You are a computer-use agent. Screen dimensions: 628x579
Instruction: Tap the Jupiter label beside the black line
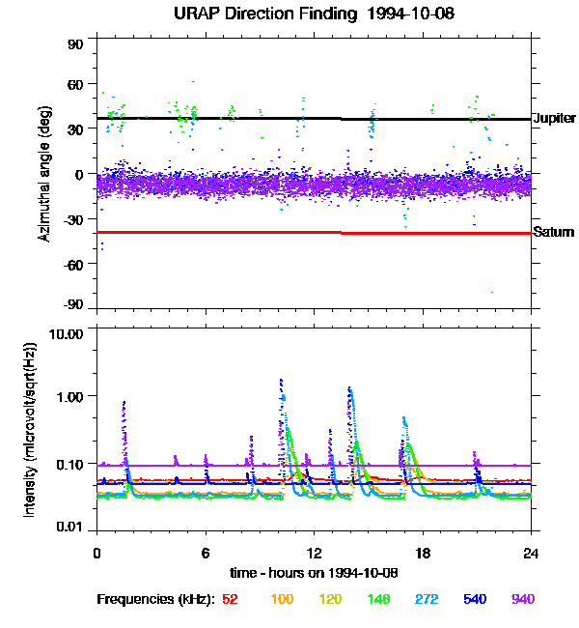(554, 118)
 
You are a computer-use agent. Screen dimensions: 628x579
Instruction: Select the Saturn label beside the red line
(553, 232)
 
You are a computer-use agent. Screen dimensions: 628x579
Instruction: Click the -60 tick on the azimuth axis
(75, 264)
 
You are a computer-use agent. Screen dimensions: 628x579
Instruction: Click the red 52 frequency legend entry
(230, 599)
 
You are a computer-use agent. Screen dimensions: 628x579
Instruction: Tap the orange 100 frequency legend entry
(283, 599)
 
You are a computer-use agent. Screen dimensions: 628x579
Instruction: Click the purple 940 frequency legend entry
(522, 599)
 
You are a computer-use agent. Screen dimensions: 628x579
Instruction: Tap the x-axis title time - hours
(315, 573)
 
